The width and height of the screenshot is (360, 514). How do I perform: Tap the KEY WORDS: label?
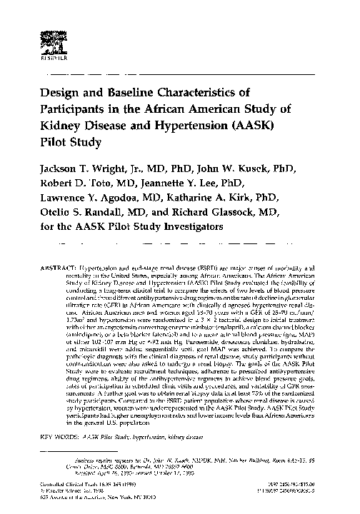61,435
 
